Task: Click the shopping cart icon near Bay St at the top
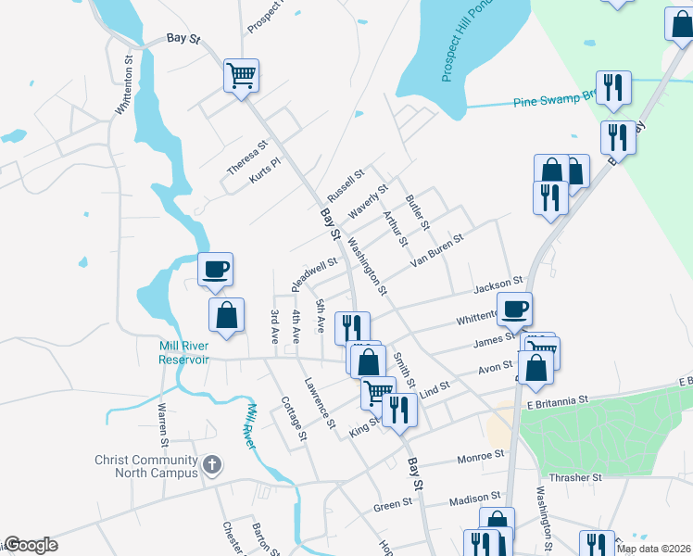tap(241, 74)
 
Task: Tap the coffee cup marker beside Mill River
tap(215, 270)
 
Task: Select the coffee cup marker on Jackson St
tap(514, 308)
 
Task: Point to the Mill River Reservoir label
tap(183, 352)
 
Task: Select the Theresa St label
tap(247, 157)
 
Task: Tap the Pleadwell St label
tap(314, 272)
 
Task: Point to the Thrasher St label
tap(578, 477)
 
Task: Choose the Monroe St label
tap(480, 456)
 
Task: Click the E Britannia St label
tap(558, 400)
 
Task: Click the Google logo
tap(30, 545)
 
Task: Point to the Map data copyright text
tap(652, 549)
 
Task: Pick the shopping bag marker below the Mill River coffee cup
tap(226, 316)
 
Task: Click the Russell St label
tap(346, 188)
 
